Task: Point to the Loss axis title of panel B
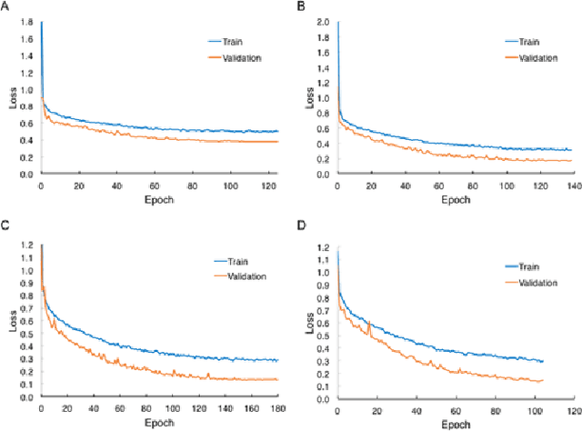click(308, 96)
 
